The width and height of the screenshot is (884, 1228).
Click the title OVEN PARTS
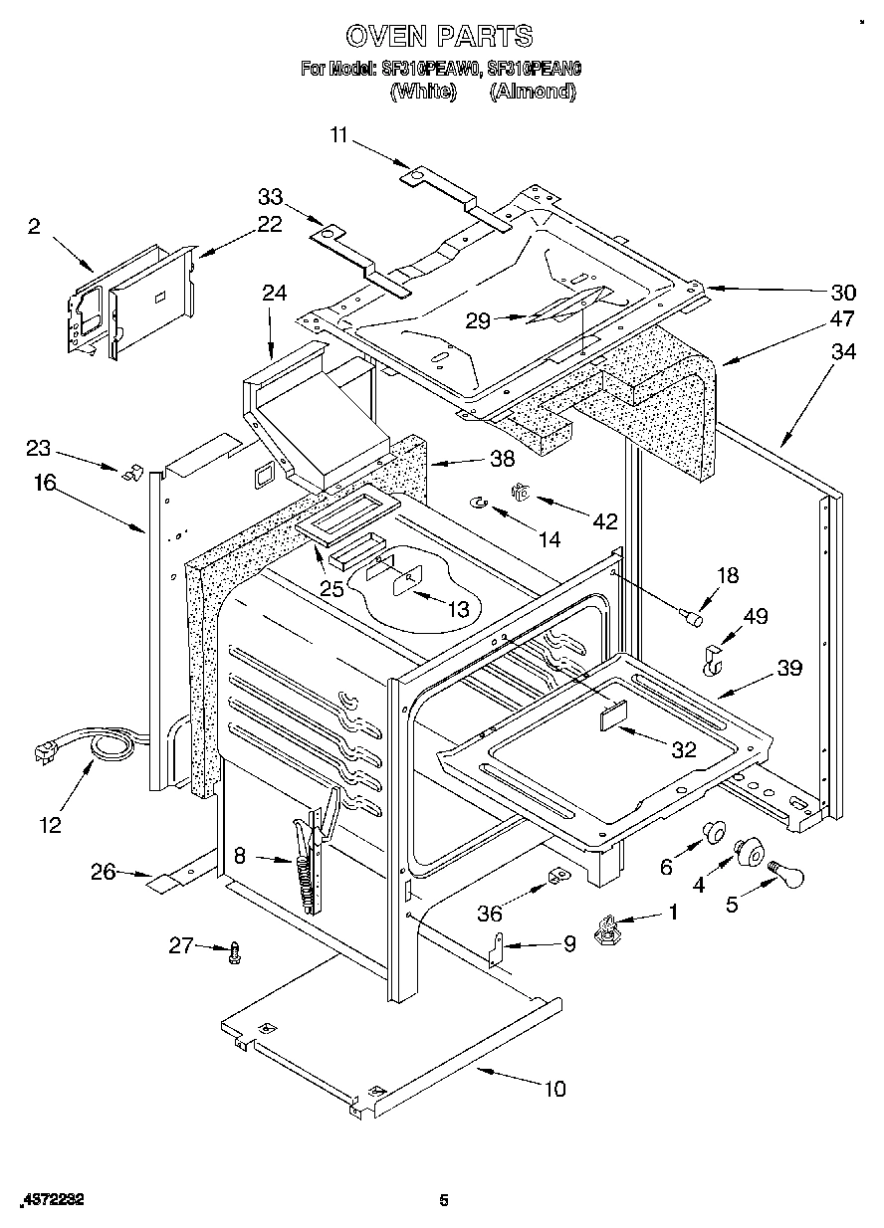439,37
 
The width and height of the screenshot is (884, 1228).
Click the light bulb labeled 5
787,876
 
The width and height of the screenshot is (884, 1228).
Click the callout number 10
553,1089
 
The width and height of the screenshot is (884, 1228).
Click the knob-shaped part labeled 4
749,852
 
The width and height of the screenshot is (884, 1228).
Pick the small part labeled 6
713,831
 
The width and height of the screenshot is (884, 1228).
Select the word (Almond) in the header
534,91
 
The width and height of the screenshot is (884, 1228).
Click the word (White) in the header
422,91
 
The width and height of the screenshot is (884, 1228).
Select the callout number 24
274,293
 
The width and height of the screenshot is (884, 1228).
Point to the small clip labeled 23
128,473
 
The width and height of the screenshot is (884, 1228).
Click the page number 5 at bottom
445,1200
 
